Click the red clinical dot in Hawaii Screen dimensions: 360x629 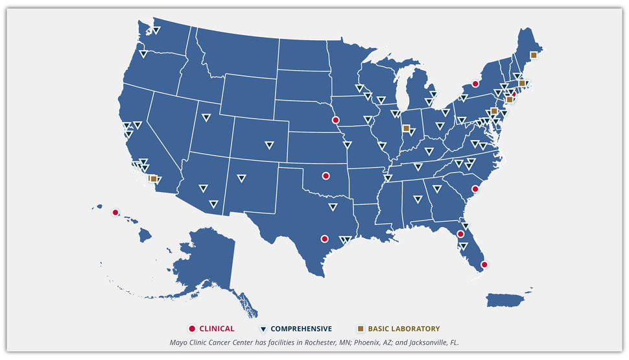[x=115, y=212]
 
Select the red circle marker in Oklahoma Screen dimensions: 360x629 [x=326, y=175]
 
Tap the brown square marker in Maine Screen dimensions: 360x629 [x=534, y=55]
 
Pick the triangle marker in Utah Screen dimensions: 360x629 [x=206, y=117]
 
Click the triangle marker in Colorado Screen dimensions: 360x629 [x=269, y=145]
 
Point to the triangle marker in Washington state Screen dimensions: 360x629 [x=156, y=30]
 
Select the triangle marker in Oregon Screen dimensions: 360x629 [x=143, y=54]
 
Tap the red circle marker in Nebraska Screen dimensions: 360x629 [x=335, y=120]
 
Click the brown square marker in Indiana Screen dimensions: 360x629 [x=406, y=128]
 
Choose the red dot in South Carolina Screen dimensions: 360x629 [x=475, y=189]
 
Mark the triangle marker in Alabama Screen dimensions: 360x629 [x=417, y=199]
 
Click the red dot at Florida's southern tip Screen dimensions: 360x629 [x=484, y=265]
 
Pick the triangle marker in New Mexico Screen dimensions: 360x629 [x=241, y=178]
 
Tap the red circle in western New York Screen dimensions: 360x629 [x=475, y=84]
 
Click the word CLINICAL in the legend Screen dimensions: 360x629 [x=217, y=329]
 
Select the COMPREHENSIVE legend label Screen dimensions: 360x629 [x=301, y=329]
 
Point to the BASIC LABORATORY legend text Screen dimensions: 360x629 [x=403, y=329]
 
